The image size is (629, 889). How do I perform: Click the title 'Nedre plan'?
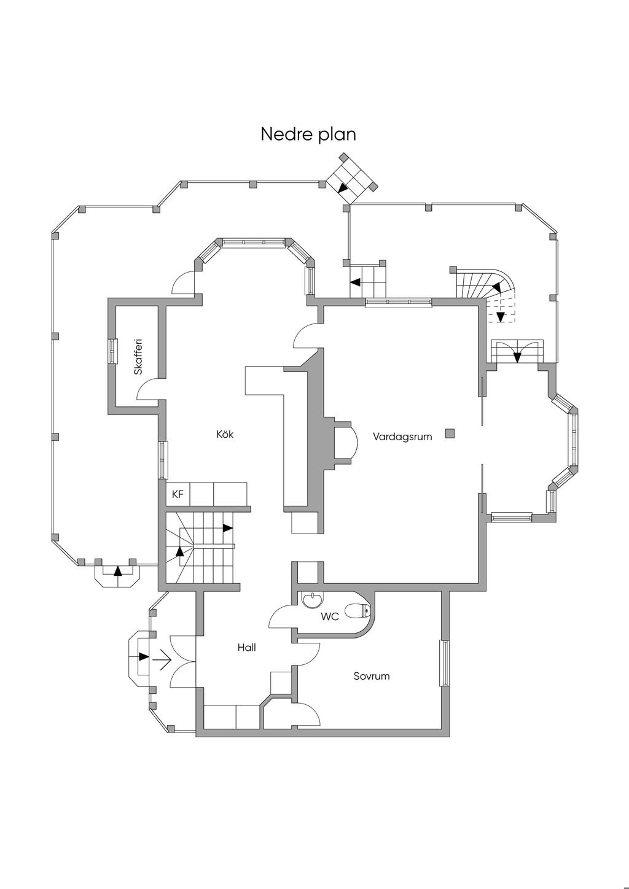tap(308, 134)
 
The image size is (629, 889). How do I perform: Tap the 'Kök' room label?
tap(225, 435)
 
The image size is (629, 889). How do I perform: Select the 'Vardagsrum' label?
tap(402, 437)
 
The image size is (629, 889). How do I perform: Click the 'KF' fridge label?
tap(178, 494)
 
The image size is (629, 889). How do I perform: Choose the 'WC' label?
tap(330, 617)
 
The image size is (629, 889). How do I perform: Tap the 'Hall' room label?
tap(246, 648)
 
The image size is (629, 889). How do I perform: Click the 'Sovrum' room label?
tap(371, 677)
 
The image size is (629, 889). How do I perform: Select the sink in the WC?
tap(313, 599)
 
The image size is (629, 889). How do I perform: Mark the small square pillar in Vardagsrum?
tap(450, 433)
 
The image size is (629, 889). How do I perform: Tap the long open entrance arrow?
tap(162, 661)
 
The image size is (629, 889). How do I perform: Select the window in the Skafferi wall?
tap(112, 351)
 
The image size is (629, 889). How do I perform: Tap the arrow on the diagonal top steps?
tap(343, 188)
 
